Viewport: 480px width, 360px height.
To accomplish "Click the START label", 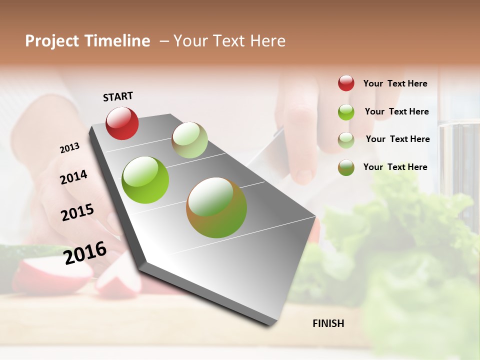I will [x=118, y=96].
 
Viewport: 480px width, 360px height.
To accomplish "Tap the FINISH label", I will [x=328, y=323].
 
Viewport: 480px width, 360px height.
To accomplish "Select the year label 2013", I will [x=69, y=148].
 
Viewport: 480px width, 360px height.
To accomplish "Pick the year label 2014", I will [x=73, y=177].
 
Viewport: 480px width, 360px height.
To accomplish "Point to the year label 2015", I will [x=77, y=212].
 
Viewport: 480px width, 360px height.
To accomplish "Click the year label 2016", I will [x=85, y=252].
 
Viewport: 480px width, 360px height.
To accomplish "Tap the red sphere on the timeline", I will [x=122, y=123].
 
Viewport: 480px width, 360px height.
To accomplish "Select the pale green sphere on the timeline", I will [x=189, y=140].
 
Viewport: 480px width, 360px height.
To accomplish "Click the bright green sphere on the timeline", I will [x=145, y=180].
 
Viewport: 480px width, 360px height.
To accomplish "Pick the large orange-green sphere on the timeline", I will [x=216, y=207].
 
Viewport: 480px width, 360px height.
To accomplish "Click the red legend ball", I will [x=346, y=83].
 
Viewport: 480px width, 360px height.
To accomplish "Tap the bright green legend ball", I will [x=346, y=112].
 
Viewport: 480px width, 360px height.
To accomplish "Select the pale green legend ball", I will [x=346, y=140].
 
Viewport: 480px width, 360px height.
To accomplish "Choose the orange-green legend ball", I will [x=346, y=167].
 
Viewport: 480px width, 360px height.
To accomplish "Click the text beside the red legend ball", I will [x=395, y=83].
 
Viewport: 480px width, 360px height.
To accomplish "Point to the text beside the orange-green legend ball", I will [x=395, y=167].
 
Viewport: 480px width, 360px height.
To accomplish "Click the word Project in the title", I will [x=52, y=41].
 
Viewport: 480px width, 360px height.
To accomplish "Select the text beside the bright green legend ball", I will [x=396, y=111].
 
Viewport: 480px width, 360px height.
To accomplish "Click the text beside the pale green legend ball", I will [x=397, y=139].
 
